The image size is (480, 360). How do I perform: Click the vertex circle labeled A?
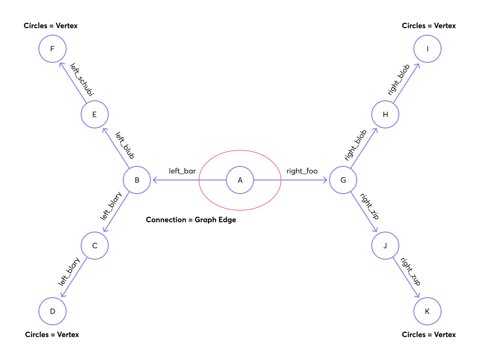point(240,180)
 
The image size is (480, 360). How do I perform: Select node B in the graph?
point(137,180)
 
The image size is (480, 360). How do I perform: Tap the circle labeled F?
point(52,49)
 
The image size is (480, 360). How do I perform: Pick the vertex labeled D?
point(52,311)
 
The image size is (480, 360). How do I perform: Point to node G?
point(343,180)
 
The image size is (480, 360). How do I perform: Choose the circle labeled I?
point(427,49)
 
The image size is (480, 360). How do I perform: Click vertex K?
point(427,311)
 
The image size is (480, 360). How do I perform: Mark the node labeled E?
point(95,114)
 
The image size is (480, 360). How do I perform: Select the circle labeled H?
point(385,114)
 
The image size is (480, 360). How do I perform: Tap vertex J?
point(385,246)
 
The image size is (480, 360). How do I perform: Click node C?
point(95,246)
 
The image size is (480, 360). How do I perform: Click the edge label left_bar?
point(182,171)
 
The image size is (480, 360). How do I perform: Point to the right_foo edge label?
point(302,171)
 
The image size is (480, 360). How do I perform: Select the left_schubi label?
point(82,80)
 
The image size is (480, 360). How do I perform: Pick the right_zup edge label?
point(410,272)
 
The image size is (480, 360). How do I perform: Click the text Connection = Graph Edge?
point(191,220)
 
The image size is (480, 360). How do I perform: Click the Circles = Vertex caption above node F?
point(51,26)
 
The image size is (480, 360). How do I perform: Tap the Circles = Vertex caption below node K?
point(429,335)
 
